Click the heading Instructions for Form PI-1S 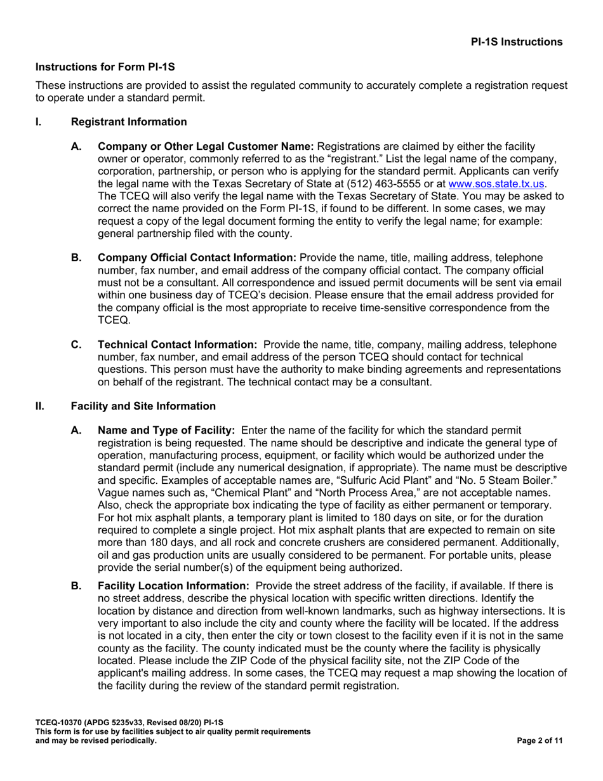pyautogui.click(x=105, y=66)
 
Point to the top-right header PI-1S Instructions pyautogui.click(x=516, y=42)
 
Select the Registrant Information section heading pyautogui.click(x=129, y=122)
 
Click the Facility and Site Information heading pyautogui.click(x=143, y=406)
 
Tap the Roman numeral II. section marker pyautogui.click(x=40, y=406)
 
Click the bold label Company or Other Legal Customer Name pyautogui.click(x=206, y=146)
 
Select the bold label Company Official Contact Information pyautogui.click(x=197, y=257)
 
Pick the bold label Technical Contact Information pyautogui.click(x=177, y=345)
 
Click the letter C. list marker pyautogui.click(x=76, y=345)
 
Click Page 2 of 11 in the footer pyautogui.click(x=540, y=740)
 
